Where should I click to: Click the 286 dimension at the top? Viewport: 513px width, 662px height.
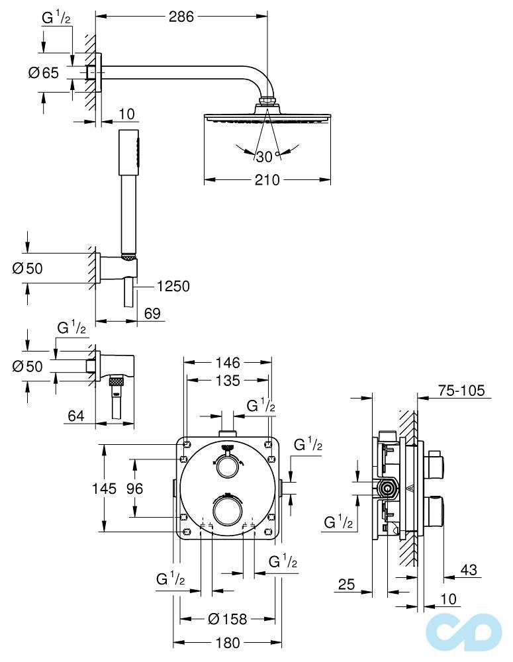181,17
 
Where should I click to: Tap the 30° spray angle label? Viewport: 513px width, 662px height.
265,157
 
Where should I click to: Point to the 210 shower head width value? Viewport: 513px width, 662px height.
267,180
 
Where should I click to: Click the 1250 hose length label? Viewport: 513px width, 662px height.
173,286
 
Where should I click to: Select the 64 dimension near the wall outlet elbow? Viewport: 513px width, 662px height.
77,416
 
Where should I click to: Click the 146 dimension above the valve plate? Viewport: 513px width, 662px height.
228,362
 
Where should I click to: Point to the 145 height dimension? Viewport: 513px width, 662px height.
103,489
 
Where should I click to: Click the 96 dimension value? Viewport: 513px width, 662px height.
135,489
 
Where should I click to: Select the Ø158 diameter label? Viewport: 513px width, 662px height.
227,619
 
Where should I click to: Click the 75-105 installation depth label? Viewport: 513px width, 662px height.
462,391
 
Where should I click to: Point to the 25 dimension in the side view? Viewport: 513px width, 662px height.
346,584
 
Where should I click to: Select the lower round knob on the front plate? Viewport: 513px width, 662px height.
227,512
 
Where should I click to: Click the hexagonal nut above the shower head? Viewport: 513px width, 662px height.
267,102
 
